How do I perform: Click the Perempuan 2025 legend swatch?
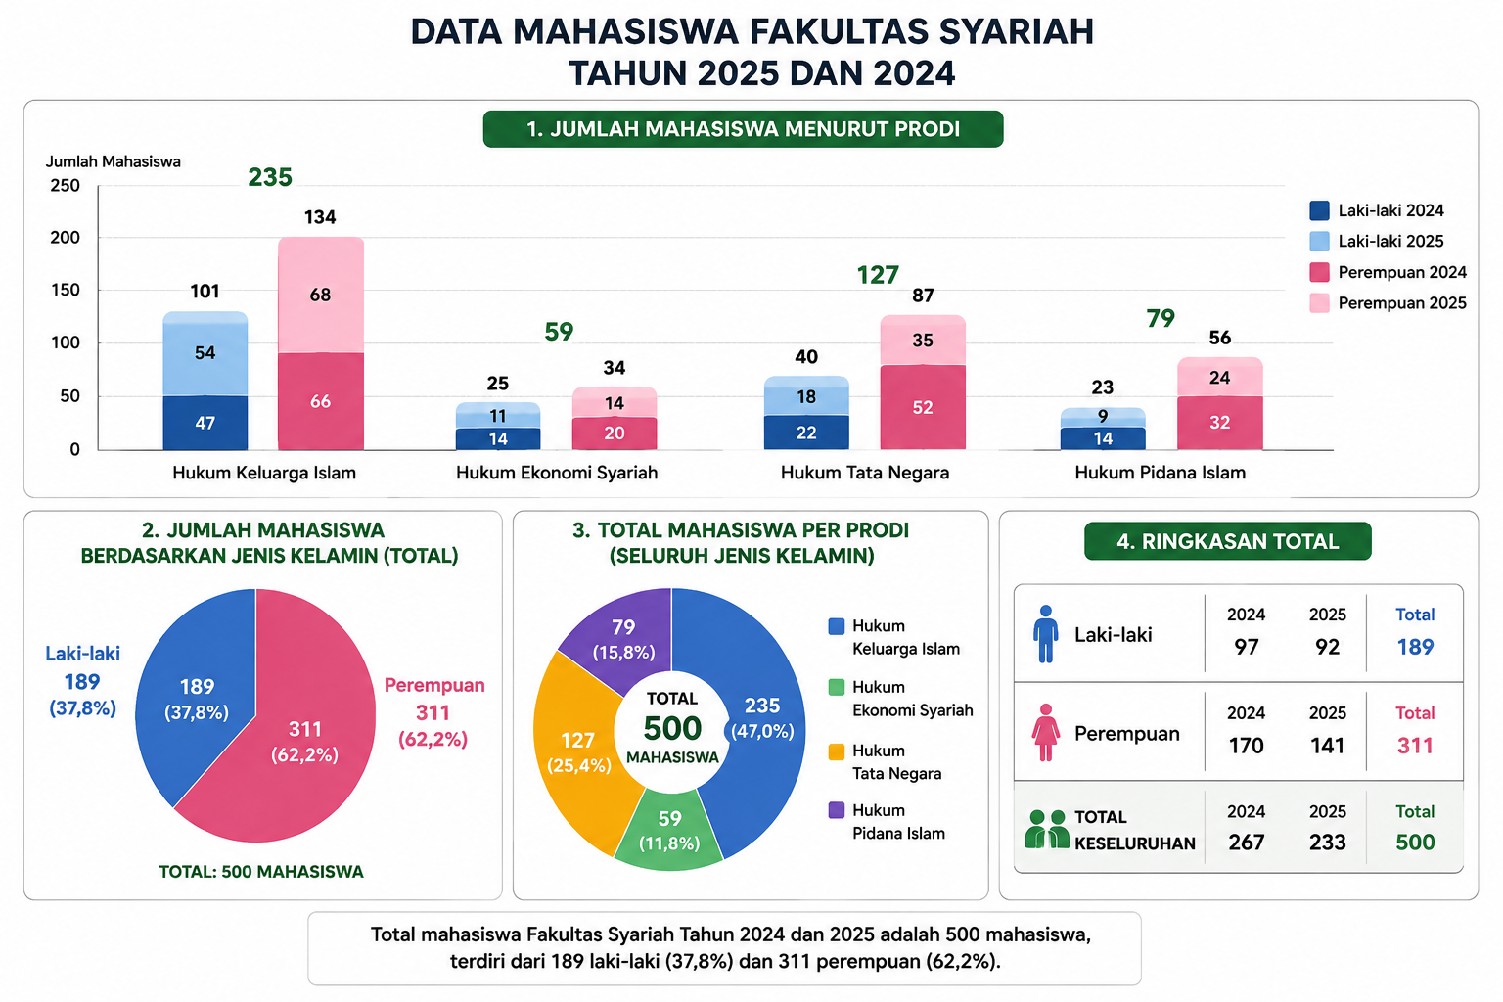click(x=1319, y=303)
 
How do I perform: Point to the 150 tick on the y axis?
click(x=66, y=290)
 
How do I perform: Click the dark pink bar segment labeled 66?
click(x=321, y=400)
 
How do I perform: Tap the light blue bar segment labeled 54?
click(x=205, y=353)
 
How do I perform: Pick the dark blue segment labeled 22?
click(x=806, y=433)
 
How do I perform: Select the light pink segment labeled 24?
click(x=1220, y=377)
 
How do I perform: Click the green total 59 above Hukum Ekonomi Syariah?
click(x=559, y=332)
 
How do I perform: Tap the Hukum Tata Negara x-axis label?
click(x=865, y=473)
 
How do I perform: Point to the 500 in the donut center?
click(x=672, y=728)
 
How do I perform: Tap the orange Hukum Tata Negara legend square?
click(x=836, y=751)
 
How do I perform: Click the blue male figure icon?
click(x=1045, y=634)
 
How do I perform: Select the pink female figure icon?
click(x=1045, y=732)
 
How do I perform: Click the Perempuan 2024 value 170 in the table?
click(x=1246, y=746)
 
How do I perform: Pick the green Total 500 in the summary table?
click(x=1415, y=843)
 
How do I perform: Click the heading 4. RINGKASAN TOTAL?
click(x=1228, y=541)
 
